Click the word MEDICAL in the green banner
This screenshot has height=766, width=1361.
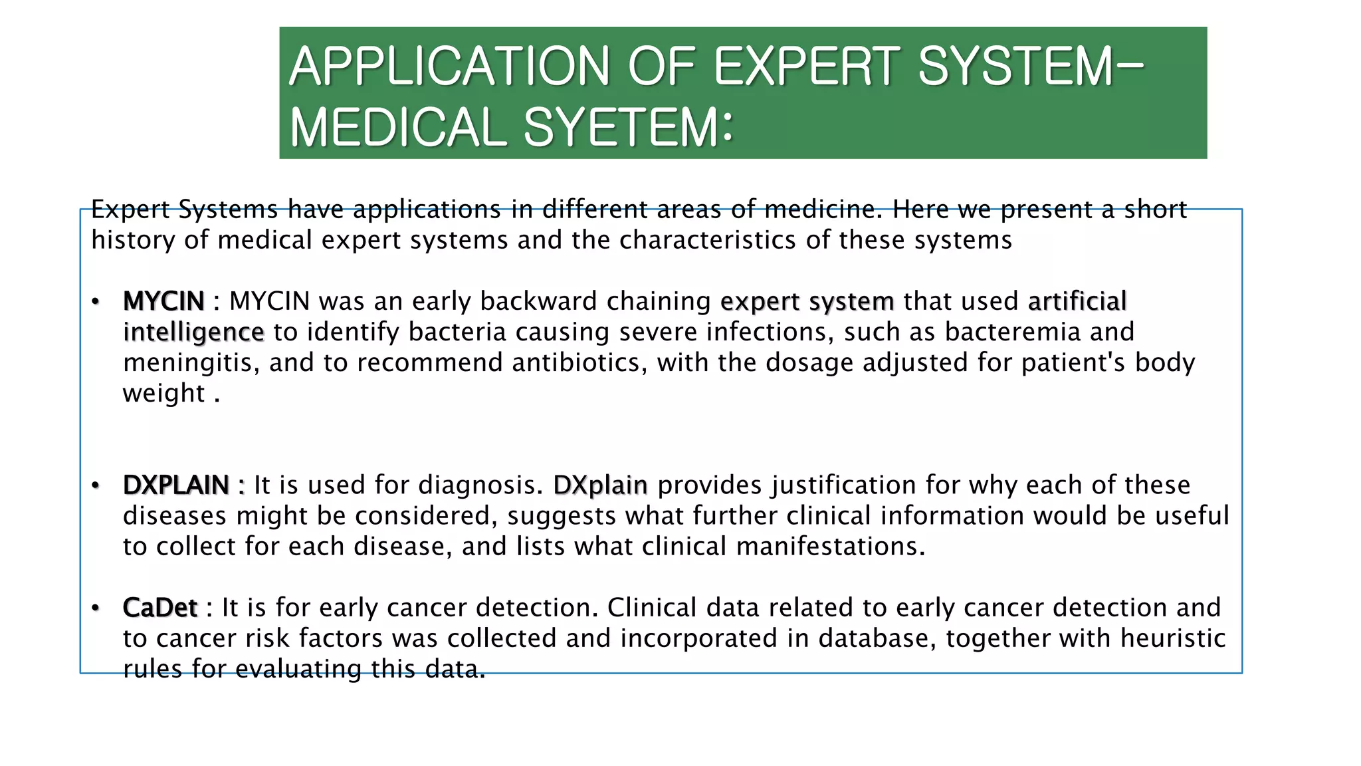click(x=398, y=128)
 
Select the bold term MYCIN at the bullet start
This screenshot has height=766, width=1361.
click(x=163, y=302)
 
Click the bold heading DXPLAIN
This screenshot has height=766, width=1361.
click(x=176, y=485)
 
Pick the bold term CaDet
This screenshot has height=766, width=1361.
click(x=160, y=608)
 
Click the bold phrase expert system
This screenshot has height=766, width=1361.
click(x=807, y=302)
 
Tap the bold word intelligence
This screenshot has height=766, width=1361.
click(x=193, y=332)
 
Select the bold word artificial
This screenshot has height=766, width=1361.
click(x=1077, y=302)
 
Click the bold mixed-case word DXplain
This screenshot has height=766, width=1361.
click(x=600, y=485)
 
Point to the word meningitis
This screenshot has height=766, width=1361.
click(x=191, y=363)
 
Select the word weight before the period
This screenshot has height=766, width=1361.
click(x=163, y=394)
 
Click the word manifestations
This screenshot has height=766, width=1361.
click(x=830, y=547)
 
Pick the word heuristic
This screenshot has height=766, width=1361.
click(x=1172, y=638)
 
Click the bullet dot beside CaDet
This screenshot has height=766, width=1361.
click(x=96, y=608)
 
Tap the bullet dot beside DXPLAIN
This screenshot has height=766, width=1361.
click(x=96, y=485)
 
